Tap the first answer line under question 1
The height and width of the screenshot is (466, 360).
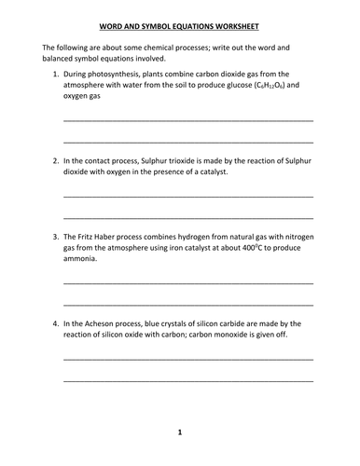pyautogui.click(x=187, y=120)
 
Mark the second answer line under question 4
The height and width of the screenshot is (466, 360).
pyautogui.click(x=187, y=381)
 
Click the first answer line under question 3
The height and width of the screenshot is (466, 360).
pyautogui.click(x=187, y=282)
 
